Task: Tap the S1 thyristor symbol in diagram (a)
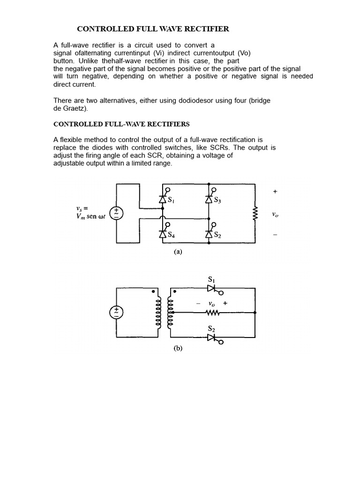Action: pos(163,199)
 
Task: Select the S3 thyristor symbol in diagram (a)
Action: pos(209,199)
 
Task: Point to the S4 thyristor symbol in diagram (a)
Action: pos(163,234)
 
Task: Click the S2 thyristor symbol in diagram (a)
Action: pos(209,234)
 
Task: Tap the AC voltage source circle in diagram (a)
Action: pos(117,214)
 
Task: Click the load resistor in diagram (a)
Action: pos(255,214)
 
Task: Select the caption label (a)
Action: pos(178,252)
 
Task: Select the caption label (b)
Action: pos(178,348)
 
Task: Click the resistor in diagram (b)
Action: pos(212,312)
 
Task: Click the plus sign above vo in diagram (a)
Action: pos(275,191)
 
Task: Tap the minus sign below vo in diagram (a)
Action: pos(275,235)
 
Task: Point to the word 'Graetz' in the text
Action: pos(74,108)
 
